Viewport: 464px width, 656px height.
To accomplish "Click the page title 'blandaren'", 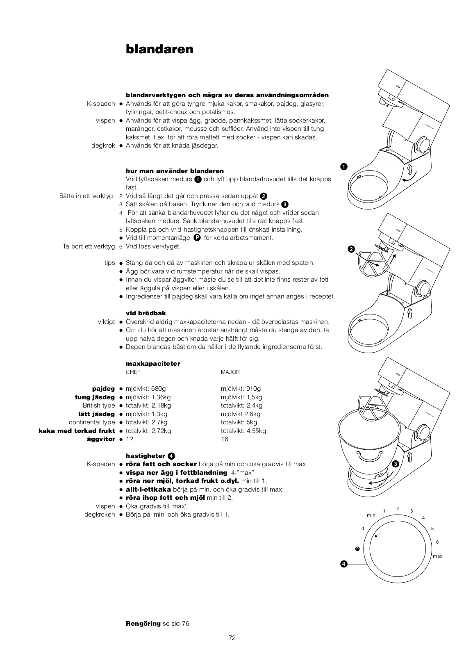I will [x=159, y=49].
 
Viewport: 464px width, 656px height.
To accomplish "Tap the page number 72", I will [x=232, y=638].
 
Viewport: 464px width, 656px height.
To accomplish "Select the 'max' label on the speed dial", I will [x=437, y=556].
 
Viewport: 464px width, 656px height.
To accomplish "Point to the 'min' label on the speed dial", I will [x=371, y=515].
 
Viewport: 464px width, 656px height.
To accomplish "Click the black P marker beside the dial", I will [x=357, y=549].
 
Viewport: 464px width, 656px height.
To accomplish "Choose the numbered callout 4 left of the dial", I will [x=344, y=565].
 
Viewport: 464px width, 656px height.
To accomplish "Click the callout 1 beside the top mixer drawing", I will [x=343, y=166].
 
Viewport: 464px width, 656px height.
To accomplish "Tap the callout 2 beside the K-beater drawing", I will [x=351, y=249].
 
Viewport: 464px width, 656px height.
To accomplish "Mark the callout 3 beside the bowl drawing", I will [x=395, y=464].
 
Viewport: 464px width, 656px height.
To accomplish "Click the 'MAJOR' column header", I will [x=230, y=372].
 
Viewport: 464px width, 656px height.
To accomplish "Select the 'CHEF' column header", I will [x=133, y=372].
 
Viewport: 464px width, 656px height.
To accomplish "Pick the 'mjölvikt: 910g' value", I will [x=241, y=389].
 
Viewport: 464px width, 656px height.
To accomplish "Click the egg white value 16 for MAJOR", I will [x=224, y=439].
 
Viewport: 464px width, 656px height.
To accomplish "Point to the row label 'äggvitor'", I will [x=101, y=439].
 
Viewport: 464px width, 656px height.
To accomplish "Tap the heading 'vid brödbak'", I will [x=146, y=313].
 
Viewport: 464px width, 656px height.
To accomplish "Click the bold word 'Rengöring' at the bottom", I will [x=143, y=624].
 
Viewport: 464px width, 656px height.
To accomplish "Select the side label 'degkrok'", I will [x=103, y=146].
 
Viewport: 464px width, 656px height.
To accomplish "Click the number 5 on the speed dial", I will [x=432, y=528].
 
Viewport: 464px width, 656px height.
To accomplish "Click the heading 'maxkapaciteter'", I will [x=153, y=364].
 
